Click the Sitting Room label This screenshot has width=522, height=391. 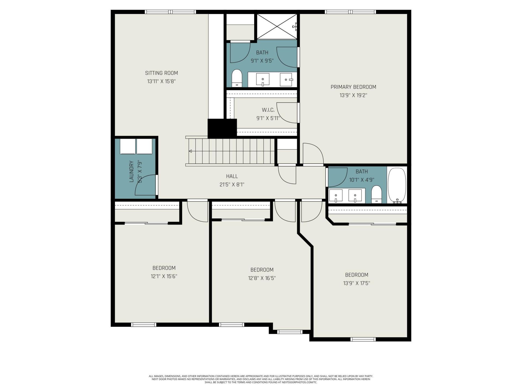pyautogui.click(x=161, y=73)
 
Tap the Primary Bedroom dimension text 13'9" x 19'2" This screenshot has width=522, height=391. pyautogui.click(x=353, y=95)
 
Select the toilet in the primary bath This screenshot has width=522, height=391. pyautogui.click(x=237, y=78)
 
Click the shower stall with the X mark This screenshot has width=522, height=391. pyautogui.click(x=277, y=26)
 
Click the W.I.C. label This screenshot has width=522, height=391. pyautogui.click(x=268, y=110)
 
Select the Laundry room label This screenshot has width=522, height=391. pyautogui.click(x=132, y=171)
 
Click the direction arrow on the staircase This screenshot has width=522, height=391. pyautogui.click(x=190, y=151)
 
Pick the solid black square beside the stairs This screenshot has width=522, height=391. pyautogui.click(x=222, y=128)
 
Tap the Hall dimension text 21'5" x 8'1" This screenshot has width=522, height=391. pyautogui.click(x=232, y=185)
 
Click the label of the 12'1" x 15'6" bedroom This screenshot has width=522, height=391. pyautogui.click(x=164, y=268)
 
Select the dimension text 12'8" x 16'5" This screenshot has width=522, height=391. pyautogui.click(x=262, y=278)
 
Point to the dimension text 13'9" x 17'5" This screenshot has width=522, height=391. pyautogui.click(x=356, y=283)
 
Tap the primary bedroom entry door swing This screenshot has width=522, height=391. pyautogui.click(x=313, y=154)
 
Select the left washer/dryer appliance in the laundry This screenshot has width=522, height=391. pyautogui.click(x=128, y=147)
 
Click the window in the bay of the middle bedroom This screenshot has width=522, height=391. pyautogui.click(x=290, y=332)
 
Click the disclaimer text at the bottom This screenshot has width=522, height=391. pyautogui.click(x=261, y=379)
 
